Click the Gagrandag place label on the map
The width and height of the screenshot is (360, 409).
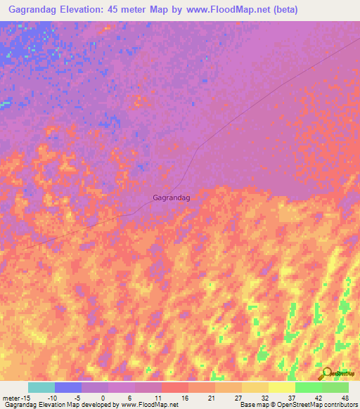coord(172,198)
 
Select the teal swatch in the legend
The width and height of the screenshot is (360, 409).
coord(41,388)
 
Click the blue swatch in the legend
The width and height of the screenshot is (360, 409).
coord(68,388)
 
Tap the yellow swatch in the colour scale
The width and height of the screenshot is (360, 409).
coord(282,388)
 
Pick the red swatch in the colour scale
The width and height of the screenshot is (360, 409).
coord(175,388)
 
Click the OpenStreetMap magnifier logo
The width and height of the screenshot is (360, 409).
coord(326,373)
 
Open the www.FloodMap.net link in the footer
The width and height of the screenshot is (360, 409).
coord(150,404)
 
